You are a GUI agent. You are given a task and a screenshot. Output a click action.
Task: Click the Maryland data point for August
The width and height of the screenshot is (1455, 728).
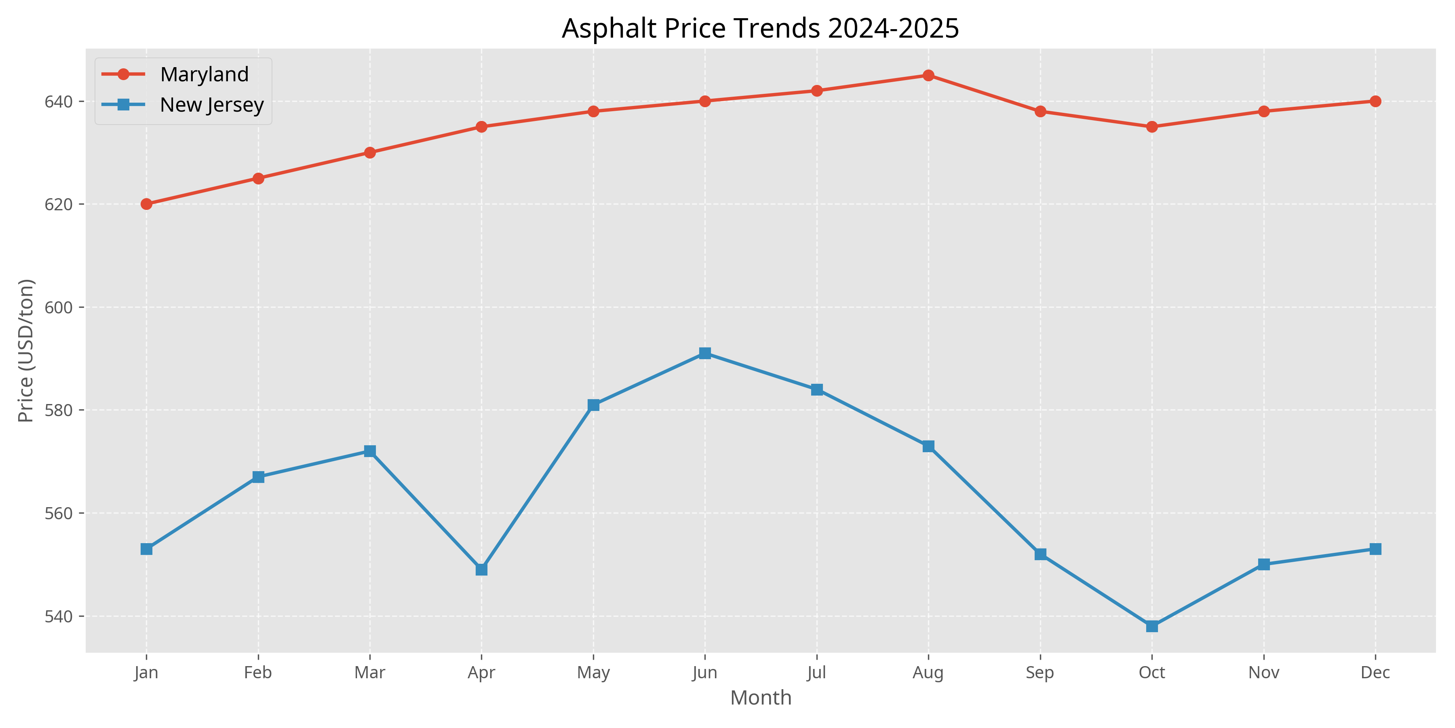click(928, 75)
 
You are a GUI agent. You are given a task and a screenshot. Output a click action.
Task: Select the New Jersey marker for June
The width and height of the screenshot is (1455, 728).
click(705, 353)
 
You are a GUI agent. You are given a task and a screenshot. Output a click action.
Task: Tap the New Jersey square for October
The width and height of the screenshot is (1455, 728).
click(1152, 626)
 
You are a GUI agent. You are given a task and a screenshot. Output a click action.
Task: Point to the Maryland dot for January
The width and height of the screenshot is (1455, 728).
click(146, 204)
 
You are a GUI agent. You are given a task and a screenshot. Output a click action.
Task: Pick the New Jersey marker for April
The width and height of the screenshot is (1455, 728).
click(481, 569)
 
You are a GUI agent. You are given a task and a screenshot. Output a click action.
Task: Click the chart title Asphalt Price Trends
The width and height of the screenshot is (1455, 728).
click(760, 28)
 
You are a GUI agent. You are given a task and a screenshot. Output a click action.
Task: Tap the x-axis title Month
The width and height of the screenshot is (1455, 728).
click(760, 698)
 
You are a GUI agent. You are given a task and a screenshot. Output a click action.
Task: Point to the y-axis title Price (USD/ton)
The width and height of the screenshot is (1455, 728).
click(26, 350)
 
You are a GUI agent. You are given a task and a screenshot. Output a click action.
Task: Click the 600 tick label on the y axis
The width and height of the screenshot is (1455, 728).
click(59, 307)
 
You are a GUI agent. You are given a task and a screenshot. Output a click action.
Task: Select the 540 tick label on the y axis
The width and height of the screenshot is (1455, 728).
click(59, 616)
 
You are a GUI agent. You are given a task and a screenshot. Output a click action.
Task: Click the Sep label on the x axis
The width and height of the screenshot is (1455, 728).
click(1040, 673)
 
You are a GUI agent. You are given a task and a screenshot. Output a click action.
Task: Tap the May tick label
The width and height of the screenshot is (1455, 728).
click(593, 673)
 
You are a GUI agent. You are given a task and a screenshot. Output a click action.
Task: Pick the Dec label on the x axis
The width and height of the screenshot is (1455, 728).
click(1375, 673)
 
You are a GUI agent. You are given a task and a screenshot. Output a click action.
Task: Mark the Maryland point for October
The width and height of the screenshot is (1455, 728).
click(1152, 127)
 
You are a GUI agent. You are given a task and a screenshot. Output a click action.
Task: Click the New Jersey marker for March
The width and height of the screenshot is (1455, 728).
click(370, 451)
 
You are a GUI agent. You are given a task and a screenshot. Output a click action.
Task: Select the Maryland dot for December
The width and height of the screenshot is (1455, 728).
click(1375, 101)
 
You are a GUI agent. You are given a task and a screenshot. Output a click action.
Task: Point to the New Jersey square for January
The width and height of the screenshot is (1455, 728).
click(146, 549)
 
